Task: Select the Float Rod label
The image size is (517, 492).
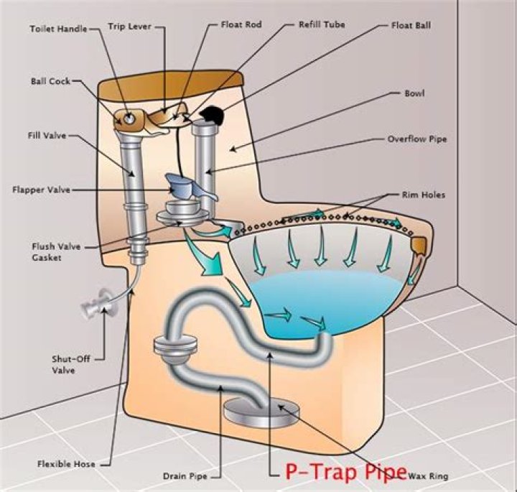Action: point(242,24)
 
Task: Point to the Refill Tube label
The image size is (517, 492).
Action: point(322,24)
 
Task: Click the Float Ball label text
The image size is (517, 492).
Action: point(411,25)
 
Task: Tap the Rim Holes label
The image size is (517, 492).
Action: point(423,195)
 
